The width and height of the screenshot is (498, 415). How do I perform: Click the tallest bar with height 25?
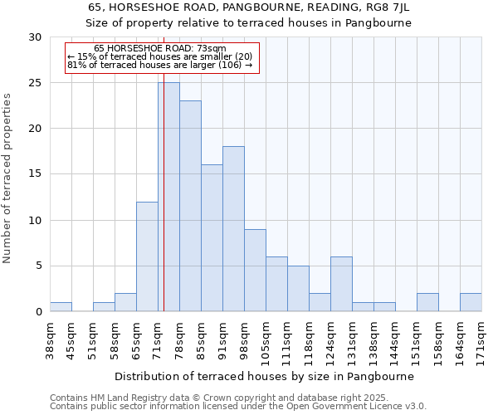(x=168, y=197)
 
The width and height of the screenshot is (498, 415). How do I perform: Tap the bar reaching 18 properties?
(x=233, y=229)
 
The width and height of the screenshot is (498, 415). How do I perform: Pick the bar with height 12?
(x=147, y=256)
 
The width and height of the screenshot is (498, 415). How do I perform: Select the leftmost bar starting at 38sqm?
(x=61, y=306)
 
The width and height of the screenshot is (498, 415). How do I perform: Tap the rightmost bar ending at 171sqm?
(x=471, y=302)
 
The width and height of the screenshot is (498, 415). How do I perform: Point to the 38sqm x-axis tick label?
(x=51, y=339)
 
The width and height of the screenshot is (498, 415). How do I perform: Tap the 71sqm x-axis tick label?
(x=159, y=339)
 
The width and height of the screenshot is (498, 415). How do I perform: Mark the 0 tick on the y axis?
(x=38, y=311)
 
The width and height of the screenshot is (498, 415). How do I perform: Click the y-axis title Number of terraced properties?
(x=7, y=178)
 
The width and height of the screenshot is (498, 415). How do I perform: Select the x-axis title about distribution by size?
(x=264, y=375)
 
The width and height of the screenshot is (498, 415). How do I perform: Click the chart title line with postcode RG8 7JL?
(x=249, y=7)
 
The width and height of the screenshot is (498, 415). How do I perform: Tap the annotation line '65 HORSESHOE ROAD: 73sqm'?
(x=159, y=48)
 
